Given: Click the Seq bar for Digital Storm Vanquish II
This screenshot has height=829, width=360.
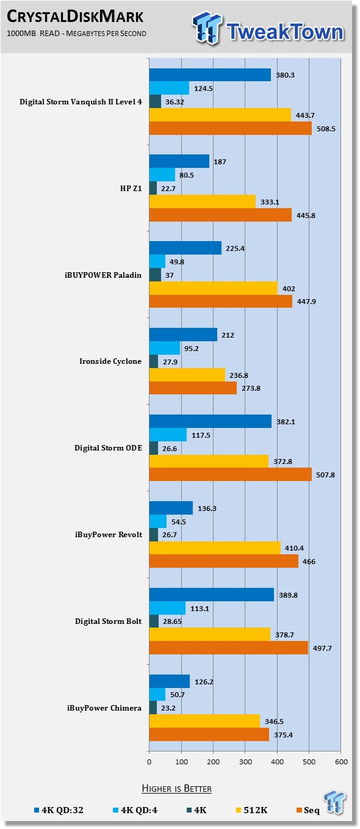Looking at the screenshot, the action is (230, 128).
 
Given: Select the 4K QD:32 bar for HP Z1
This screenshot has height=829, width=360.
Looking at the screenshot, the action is (179, 161).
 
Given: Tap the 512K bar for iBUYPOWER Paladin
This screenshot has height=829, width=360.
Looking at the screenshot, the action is (213, 288).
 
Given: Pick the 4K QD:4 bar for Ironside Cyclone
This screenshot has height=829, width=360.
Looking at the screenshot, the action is (164, 348).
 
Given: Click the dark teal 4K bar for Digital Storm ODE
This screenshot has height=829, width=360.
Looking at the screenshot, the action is (154, 448).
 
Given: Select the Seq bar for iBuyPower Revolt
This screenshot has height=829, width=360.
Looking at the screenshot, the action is (223, 561).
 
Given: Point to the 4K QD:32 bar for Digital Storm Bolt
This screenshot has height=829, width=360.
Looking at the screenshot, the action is (211, 595).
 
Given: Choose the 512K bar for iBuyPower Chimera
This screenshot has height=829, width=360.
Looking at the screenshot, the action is (204, 721).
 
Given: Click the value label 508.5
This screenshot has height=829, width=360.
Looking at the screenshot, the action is (326, 129).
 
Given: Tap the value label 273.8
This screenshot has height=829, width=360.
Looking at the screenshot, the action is (251, 388).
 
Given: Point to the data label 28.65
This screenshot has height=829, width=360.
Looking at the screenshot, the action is (172, 621).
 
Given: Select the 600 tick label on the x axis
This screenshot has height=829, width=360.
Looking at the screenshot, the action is (341, 762).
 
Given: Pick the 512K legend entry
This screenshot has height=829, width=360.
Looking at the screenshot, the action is (251, 810).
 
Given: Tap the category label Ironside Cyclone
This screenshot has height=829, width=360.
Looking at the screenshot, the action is (110, 361).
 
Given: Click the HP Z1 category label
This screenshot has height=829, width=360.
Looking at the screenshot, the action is (131, 189).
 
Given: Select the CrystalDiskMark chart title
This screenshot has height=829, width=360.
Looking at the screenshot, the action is (75, 16).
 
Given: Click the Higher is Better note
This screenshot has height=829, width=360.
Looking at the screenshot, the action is (176, 788).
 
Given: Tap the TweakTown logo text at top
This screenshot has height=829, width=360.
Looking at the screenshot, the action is (285, 31).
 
